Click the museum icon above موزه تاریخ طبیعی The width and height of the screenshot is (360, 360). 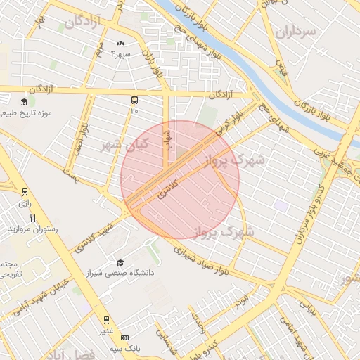tap(25, 103)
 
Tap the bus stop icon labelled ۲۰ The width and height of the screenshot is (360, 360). tap(134, 100)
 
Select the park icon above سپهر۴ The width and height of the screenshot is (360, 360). tap(120, 44)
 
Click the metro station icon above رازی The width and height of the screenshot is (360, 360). tap(25, 191)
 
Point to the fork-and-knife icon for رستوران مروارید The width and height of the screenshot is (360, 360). tap(32, 217)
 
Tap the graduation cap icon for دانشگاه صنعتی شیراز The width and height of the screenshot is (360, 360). tap(120, 262)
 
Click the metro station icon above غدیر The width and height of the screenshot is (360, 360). tap(106, 320)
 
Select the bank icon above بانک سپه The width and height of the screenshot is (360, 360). tap(124, 337)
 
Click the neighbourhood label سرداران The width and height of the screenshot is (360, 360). tap(298, 32)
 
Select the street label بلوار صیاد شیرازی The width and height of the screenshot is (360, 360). tap(196, 257)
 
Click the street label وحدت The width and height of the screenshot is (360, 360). tap(197, 323)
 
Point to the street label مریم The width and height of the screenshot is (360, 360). tap(100, 51)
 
